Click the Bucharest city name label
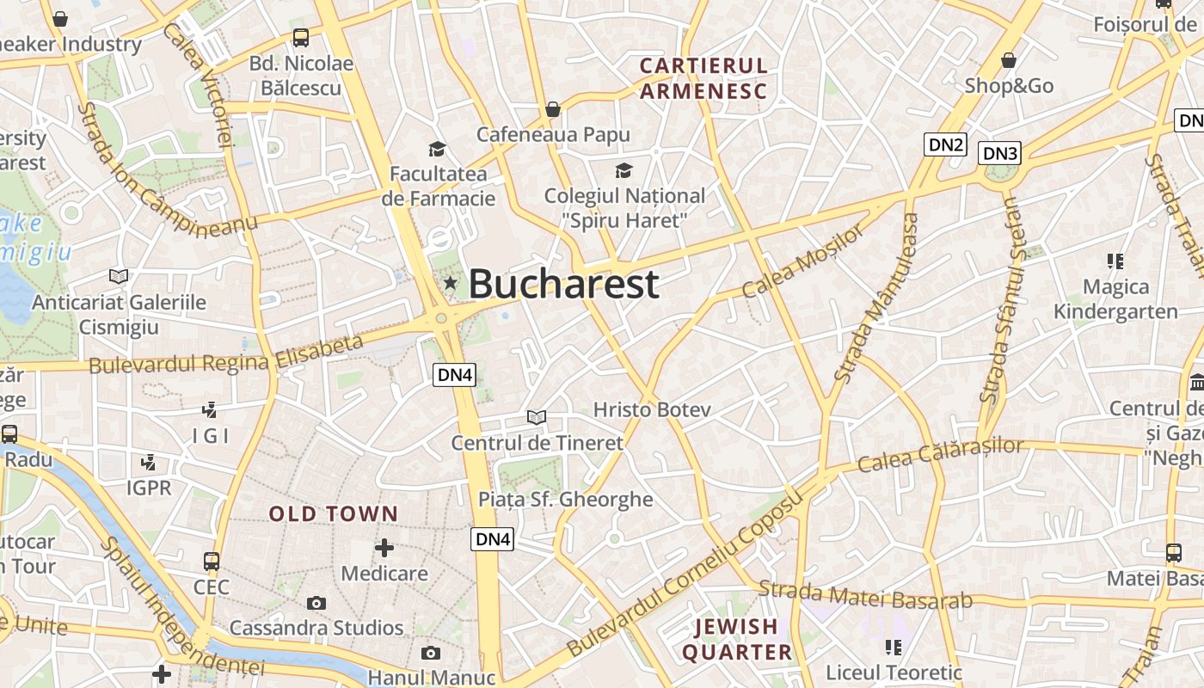(563, 284)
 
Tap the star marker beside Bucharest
(450, 283)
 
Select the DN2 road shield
(945, 144)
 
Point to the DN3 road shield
(1000, 153)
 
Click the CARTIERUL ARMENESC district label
(703, 78)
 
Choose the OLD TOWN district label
(334, 514)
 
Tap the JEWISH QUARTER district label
(737, 639)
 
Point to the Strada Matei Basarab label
(865, 595)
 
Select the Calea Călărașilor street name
(941, 455)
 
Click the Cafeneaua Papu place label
(553, 134)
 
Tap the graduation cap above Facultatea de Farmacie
(438, 149)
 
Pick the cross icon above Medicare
(384, 547)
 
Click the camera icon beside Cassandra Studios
(316, 603)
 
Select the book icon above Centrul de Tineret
(537, 418)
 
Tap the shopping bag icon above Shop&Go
(1009, 60)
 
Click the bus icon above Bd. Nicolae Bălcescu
(300, 38)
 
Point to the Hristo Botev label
(652, 409)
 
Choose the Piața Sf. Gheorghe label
(565, 500)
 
